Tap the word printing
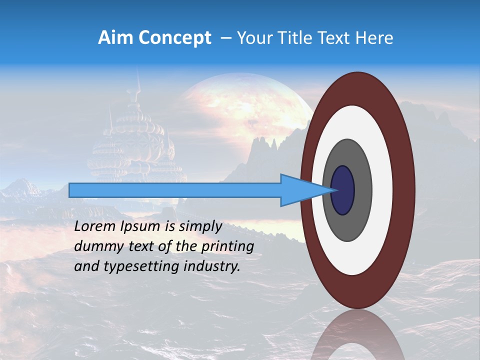tap(227, 247)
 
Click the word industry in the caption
tap(212, 266)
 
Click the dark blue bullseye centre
tap(343, 190)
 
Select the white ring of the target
tap(382, 190)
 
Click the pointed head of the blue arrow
tap(305, 190)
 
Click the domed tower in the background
tap(135, 145)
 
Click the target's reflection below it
tap(357, 335)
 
